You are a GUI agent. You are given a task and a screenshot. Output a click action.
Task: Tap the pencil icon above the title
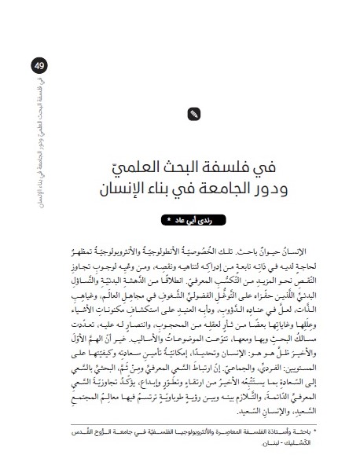tap(194, 115)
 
